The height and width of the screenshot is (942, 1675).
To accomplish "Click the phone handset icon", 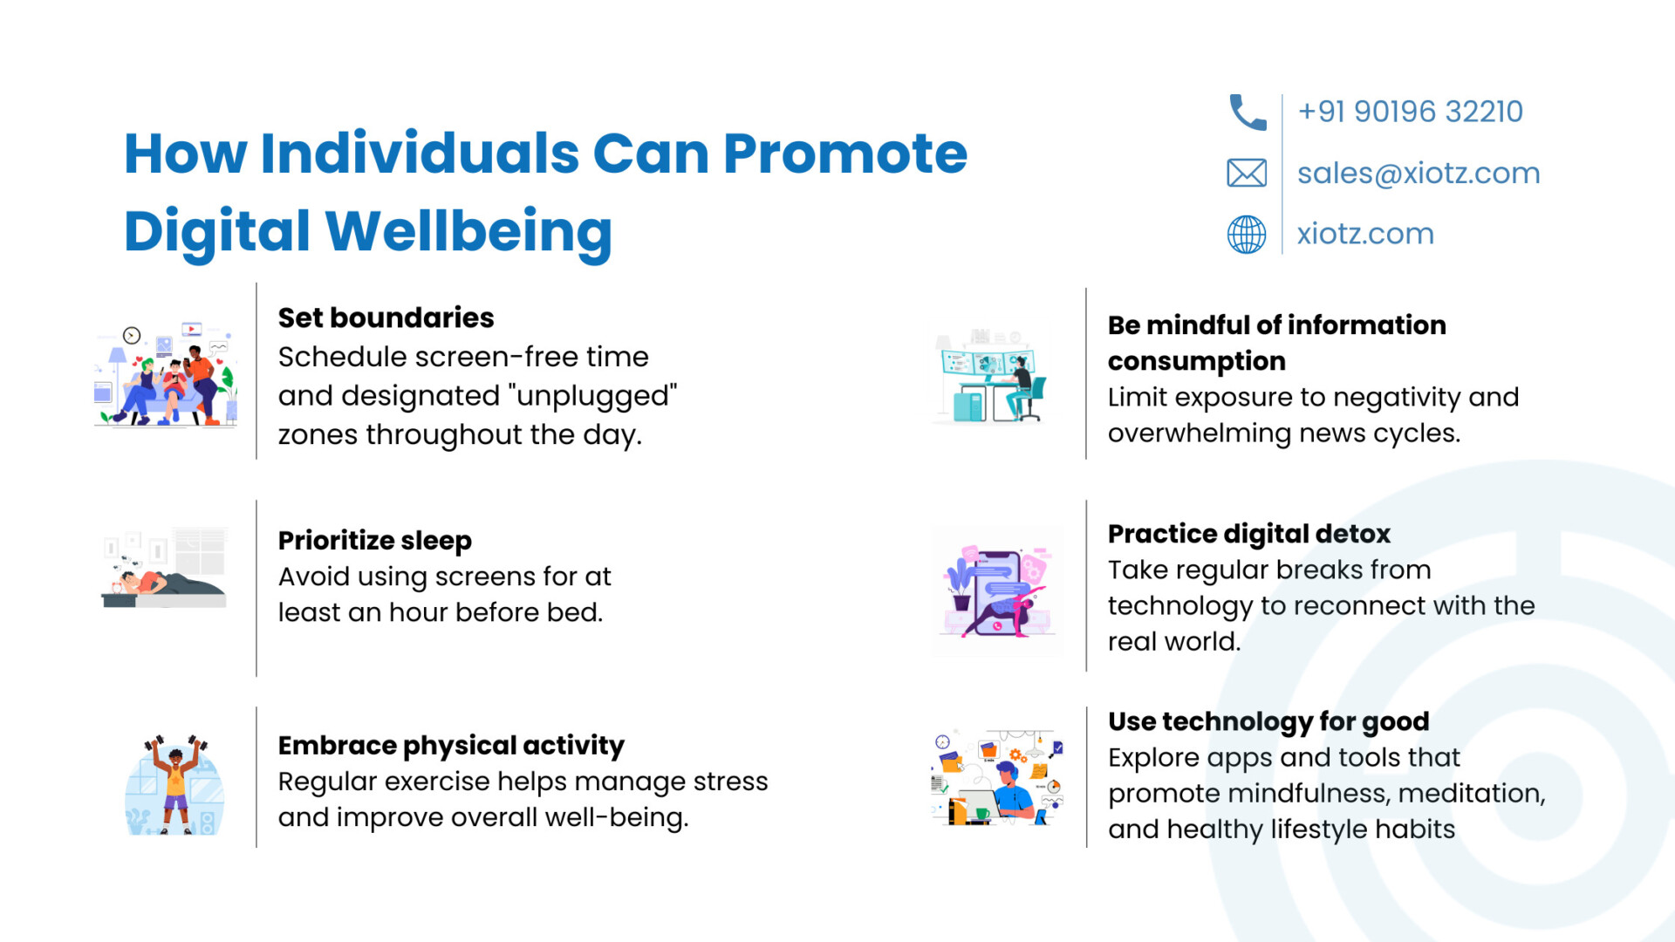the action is [x=1248, y=113].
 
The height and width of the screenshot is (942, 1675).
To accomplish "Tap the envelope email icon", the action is [x=1247, y=174].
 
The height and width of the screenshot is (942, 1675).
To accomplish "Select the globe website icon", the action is [x=1247, y=234].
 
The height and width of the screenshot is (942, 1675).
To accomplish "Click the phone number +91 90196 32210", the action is [x=1410, y=112].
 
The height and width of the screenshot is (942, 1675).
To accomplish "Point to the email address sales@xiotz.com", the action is [x=1419, y=174].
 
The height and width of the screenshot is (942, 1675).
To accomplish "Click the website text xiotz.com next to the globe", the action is [x=1365, y=234].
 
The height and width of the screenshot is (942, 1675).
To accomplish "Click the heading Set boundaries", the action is [x=386, y=317].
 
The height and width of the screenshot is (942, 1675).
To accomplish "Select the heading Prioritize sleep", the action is [x=375, y=541].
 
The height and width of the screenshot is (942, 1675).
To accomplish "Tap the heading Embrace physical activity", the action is [x=451, y=746].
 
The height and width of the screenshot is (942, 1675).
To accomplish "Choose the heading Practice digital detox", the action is [x=1249, y=534].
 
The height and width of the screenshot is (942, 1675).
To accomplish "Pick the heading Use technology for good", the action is [x=1268, y=722].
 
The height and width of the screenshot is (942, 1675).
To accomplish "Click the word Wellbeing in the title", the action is [x=468, y=232].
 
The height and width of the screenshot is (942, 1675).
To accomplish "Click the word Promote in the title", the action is [x=845, y=154].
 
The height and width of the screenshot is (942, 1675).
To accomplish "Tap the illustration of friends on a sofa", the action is [x=166, y=374].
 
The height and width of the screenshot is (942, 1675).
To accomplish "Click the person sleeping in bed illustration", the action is [x=165, y=567].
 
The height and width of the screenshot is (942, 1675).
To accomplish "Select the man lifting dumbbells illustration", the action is [x=175, y=785].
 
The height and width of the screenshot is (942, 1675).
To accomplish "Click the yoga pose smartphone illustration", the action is [x=998, y=591].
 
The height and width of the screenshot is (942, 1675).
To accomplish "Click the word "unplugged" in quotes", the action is [x=597, y=396].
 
